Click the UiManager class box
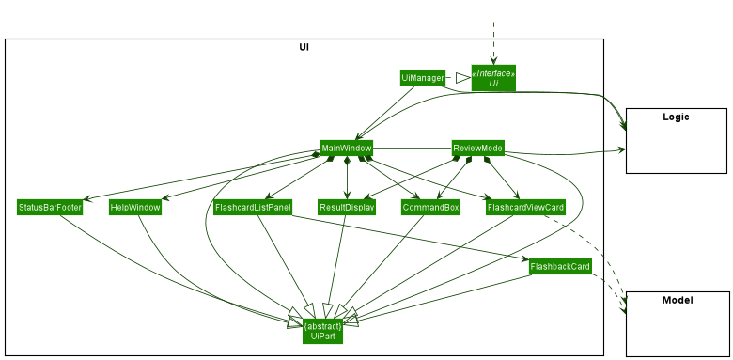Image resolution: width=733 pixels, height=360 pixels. pos(421,77)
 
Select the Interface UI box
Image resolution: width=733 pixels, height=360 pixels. pos(493,78)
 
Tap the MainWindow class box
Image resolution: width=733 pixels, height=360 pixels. pos(347,149)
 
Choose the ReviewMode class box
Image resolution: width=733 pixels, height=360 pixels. pos(477,149)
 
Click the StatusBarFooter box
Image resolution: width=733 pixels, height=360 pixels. pos(50,207)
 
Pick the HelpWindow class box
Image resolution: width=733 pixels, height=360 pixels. pos(134,207)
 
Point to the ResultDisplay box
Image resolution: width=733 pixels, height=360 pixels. pos(347,207)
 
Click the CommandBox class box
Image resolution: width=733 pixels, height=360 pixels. pos(428,207)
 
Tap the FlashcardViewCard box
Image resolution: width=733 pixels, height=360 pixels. pos(525,207)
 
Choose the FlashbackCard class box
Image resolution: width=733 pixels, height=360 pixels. pos(560,267)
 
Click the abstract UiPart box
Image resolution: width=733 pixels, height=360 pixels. pos(322,330)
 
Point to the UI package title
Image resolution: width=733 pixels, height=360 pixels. pos(304,47)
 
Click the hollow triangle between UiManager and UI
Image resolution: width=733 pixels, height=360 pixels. pos(461,78)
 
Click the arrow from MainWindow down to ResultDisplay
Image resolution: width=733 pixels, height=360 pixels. pos(347,179)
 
